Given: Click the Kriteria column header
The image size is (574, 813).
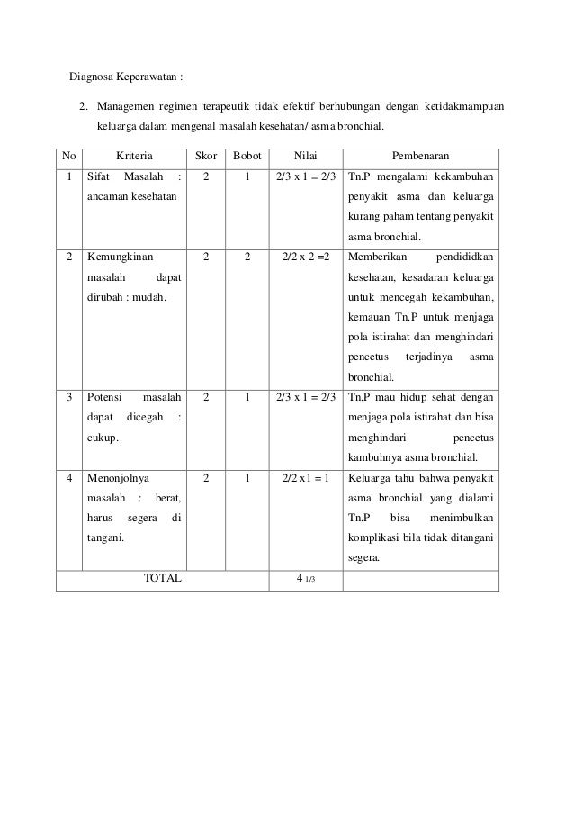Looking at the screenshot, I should coord(135,156).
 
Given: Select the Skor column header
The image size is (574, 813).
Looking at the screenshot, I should coord(206,156).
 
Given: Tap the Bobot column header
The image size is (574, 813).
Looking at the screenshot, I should coord(247,156).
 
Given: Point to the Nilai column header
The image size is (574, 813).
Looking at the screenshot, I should coord(306,156).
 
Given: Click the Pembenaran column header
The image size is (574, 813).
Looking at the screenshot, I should coord(421,156).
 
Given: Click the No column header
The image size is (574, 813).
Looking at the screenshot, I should coord(68,156).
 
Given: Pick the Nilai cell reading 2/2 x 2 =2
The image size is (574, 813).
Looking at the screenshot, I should coord(306,257).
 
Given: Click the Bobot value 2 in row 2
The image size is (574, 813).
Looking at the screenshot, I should coord(247,257).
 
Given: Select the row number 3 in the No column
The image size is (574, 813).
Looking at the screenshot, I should coord(69,396).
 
